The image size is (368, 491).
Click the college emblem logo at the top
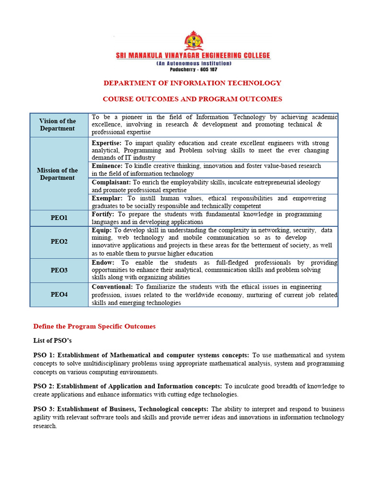(x=193, y=41)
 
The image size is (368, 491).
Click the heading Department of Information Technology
(x=193, y=83)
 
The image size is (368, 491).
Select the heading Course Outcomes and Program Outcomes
(x=193, y=99)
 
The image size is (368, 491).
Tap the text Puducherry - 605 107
(x=194, y=70)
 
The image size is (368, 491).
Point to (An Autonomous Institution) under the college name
(x=194, y=63)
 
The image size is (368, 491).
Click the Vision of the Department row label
(x=57, y=125)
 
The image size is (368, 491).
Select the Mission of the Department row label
(x=57, y=174)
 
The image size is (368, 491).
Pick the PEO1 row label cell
(x=59, y=218)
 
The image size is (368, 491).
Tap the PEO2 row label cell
(x=59, y=242)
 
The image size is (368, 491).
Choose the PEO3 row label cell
(x=59, y=270)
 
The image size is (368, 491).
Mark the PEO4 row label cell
(x=59, y=294)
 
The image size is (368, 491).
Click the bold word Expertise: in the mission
(x=107, y=143)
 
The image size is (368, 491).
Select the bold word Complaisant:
(x=111, y=182)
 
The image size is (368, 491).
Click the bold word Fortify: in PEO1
(x=103, y=214)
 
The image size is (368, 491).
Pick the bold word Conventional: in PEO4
(x=112, y=287)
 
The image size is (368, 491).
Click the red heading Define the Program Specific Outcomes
(x=94, y=327)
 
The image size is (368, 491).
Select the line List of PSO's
(x=53, y=340)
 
